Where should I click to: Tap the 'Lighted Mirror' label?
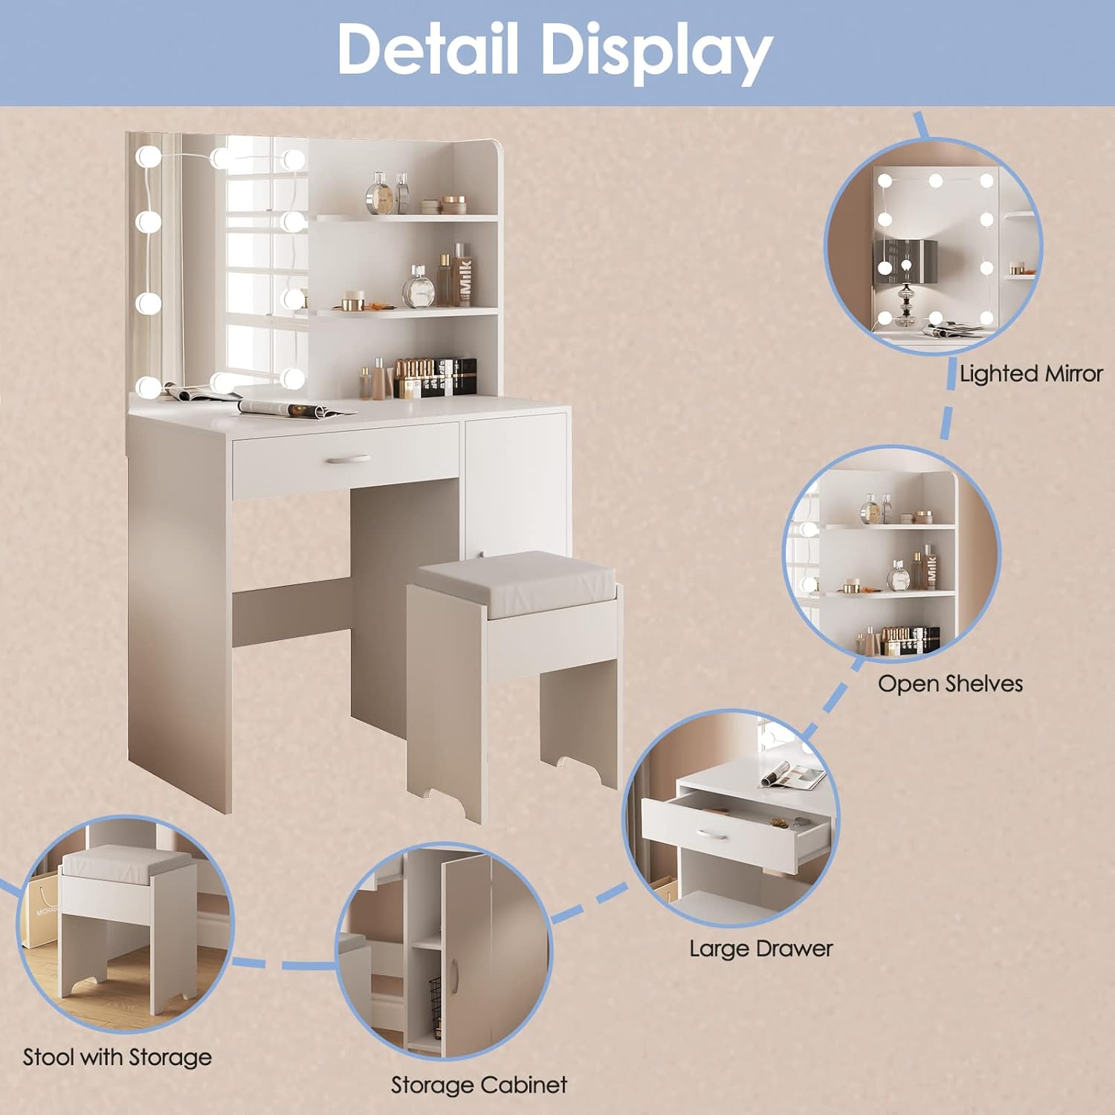point(1030,373)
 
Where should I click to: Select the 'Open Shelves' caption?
point(950,683)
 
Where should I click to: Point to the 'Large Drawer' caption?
point(760,948)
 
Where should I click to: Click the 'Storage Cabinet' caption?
point(479,1085)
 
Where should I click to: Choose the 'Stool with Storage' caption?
point(117,1057)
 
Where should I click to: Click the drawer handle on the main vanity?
point(346,460)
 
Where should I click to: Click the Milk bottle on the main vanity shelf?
point(464,277)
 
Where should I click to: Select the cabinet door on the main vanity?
point(514,476)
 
